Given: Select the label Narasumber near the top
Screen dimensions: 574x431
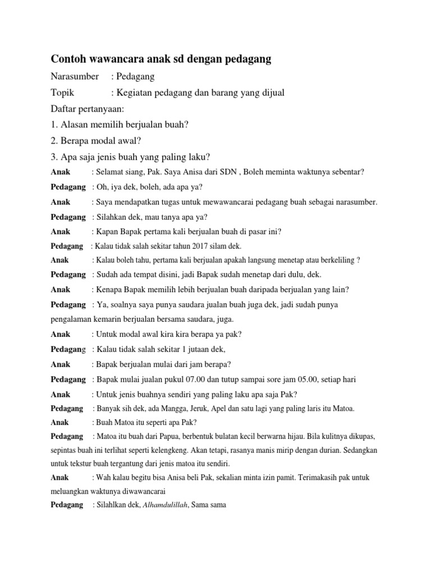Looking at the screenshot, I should [x=75, y=76].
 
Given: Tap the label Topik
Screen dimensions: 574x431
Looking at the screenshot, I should [x=62, y=92].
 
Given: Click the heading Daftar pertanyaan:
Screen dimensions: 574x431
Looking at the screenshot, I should [x=87, y=108].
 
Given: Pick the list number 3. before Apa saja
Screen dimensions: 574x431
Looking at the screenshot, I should [x=54, y=156].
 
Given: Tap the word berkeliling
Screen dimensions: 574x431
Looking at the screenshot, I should [x=336, y=260].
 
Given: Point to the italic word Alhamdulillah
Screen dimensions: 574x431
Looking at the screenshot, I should [x=166, y=506].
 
